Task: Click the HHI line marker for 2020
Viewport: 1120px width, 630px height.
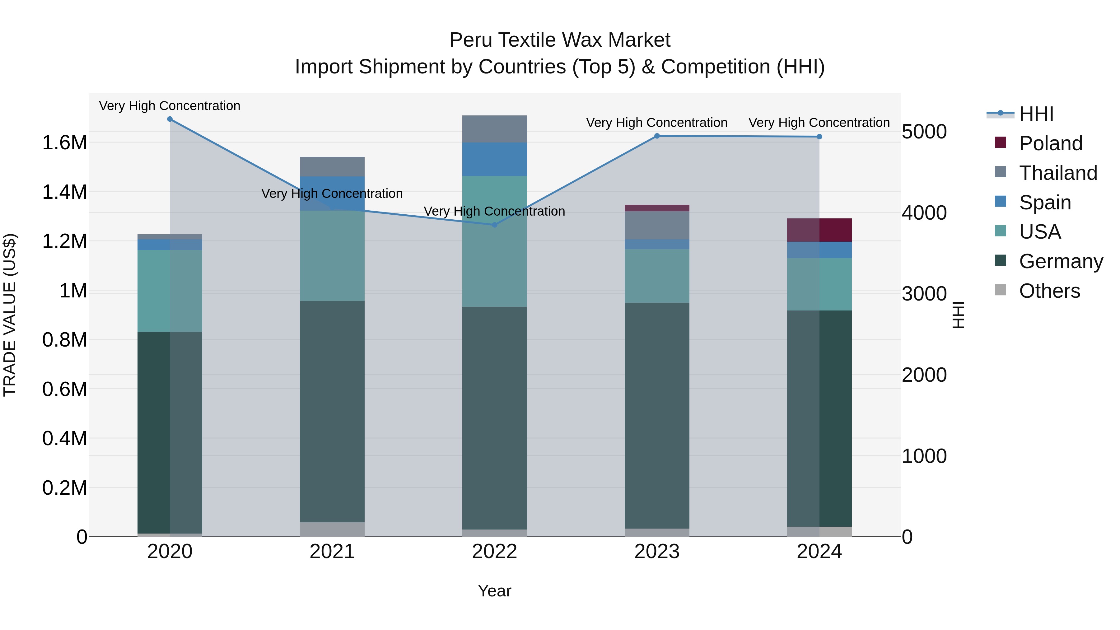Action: tap(170, 119)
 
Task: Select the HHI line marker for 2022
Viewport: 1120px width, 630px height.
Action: tap(494, 225)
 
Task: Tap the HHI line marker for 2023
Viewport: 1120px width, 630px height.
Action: tap(657, 136)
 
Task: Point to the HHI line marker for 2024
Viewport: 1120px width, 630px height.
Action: tap(819, 137)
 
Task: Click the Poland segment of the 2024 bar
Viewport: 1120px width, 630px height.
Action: tap(819, 230)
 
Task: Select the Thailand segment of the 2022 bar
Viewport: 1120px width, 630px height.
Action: tap(494, 129)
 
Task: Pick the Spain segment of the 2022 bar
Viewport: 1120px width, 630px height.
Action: tap(494, 159)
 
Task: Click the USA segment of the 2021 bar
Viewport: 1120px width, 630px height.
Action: tap(332, 256)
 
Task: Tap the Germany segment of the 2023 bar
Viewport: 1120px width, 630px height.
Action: tap(657, 415)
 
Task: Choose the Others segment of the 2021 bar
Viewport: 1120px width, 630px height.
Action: tap(332, 529)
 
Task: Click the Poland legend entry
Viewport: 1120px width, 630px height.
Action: tap(1050, 143)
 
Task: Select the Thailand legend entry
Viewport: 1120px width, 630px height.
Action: tap(1057, 173)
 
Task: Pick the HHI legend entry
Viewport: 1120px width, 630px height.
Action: tap(1036, 114)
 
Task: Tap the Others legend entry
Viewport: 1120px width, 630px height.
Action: tap(1049, 291)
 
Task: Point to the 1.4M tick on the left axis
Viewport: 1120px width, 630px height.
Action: tap(65, 192)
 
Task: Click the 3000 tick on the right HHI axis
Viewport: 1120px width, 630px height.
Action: tap(924, 294)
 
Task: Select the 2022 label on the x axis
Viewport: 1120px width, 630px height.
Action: tap(494, 552)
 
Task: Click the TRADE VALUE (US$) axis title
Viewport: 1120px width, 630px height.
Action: tap(10, 315)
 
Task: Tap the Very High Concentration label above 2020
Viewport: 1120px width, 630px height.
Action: tap(170, 106)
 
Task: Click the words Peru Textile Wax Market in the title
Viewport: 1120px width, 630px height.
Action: tap(560, 40)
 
